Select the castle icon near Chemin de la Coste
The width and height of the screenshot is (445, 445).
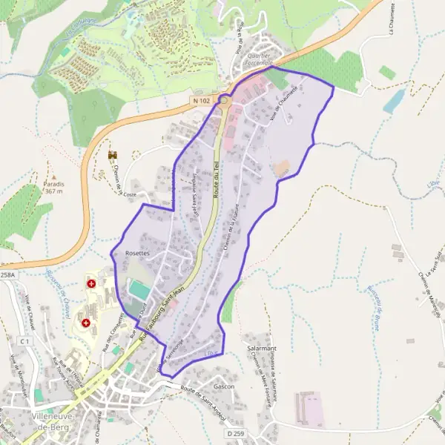click(x=113, y=155)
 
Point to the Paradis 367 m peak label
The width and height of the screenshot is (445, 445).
click(x=53, y=188)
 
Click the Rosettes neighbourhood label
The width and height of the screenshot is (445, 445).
click(x=138, y=254)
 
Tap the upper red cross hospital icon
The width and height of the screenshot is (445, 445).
click(x=91, y=283)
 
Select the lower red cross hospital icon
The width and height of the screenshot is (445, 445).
click(x=87, y=323)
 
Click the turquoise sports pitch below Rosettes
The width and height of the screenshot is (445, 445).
click(x=137, y=289)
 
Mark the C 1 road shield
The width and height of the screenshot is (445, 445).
click(x=24, y=340)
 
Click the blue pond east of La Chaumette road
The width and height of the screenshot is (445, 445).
click(x=394, y=101)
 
